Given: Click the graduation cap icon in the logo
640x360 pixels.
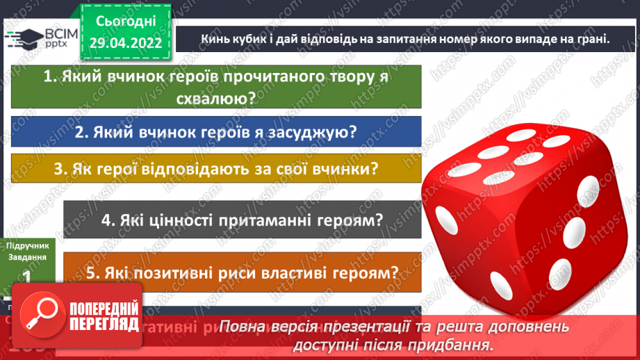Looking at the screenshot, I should pos(18,38).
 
